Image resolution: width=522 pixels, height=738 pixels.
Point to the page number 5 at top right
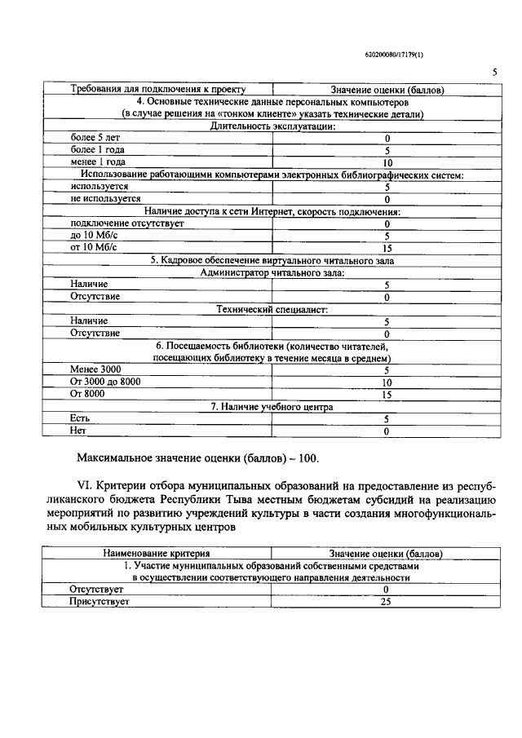coord(494,73)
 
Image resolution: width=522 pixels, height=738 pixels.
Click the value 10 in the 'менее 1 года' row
coord(387,162)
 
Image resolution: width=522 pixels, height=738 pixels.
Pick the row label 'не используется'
coord(105,198)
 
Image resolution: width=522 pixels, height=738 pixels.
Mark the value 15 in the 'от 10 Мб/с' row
coord(387,248)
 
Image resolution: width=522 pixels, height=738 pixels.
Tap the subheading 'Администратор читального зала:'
coord(272,272)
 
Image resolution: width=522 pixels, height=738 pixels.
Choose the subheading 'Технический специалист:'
coord(272,309)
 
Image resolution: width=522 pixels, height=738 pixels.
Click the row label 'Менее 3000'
coord(95,369)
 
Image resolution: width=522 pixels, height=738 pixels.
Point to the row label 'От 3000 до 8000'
coord(105,382)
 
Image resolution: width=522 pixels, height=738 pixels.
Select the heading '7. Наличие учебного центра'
coord(272,406)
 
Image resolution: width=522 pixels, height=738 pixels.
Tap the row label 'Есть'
coord(80,418)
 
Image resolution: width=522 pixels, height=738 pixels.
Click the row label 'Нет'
coord(78,430)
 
